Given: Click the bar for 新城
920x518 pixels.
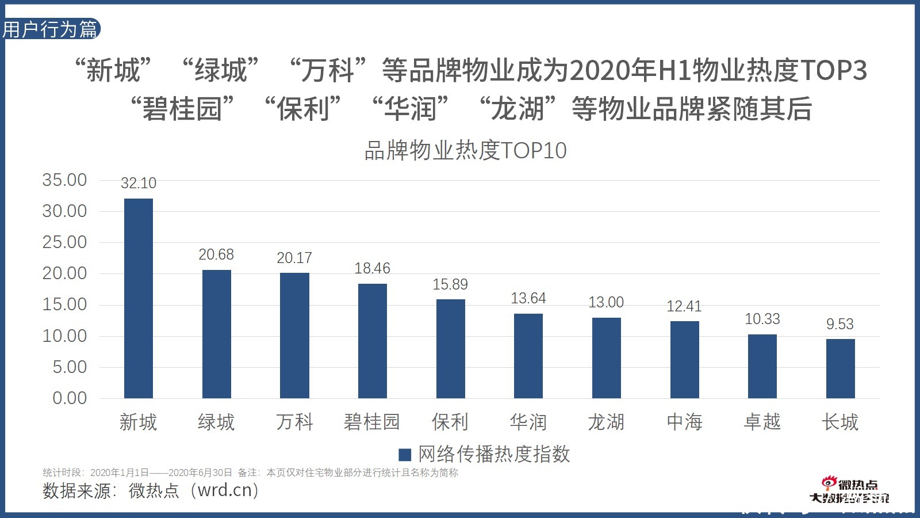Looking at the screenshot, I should point(139,298).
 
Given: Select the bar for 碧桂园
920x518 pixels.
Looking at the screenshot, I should point(373,341).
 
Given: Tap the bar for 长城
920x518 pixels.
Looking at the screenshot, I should point(840,368).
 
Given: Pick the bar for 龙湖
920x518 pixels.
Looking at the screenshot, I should point(606,357).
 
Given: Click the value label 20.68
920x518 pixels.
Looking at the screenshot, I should point(216,254).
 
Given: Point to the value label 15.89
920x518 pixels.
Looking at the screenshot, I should point(450,284).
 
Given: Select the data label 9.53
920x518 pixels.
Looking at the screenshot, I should point(840,324).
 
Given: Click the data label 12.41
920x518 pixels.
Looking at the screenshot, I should point(684,306).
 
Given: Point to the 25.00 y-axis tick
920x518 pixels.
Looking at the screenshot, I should point(64,242).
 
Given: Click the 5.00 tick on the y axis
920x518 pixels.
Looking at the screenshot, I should point(70,367).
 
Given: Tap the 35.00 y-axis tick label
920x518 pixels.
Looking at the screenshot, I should point(64,180).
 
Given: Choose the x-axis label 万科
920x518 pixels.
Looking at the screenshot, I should point(294,422).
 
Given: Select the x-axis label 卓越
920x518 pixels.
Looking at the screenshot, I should point(762,422).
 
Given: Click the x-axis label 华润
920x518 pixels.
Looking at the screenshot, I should point(528,422).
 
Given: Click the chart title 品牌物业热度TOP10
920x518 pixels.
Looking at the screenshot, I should point(465,151).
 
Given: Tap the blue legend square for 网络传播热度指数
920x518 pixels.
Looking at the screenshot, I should point(405,455).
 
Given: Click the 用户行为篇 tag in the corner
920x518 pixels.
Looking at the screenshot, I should point(51,29).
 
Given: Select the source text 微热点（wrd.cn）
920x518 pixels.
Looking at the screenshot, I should point(194,490).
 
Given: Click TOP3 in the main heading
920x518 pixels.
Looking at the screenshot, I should point(833,70).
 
